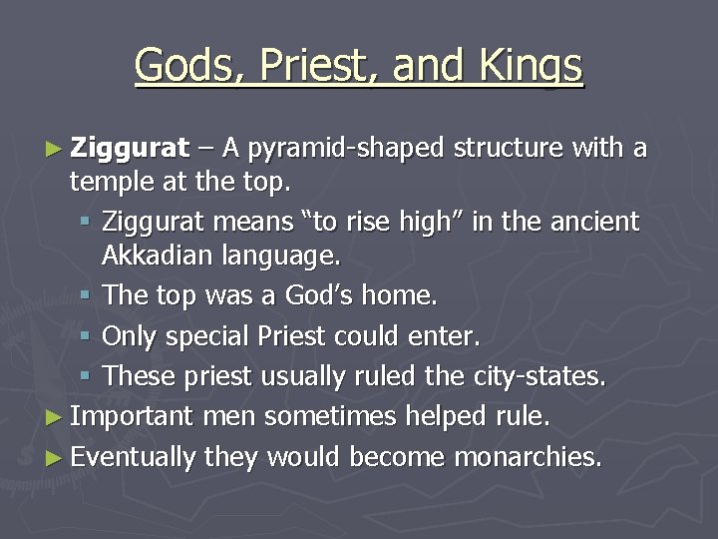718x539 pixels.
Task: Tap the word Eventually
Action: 134,457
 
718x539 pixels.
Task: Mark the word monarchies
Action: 528,457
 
